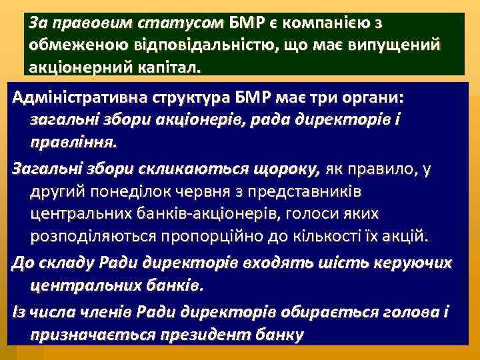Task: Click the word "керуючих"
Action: tap(414, 263)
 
